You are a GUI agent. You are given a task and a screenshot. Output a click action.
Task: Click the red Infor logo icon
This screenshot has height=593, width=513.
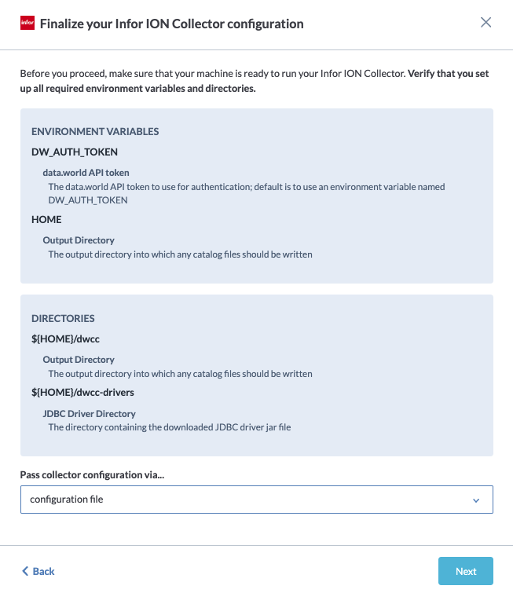click(27, 24)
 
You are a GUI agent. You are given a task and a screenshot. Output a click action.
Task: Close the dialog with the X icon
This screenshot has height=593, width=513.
click(486, 23)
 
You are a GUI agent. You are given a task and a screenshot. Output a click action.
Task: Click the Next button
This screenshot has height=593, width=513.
click(465, 571)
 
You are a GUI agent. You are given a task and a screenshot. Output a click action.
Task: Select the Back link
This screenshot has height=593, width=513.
click(43, 571)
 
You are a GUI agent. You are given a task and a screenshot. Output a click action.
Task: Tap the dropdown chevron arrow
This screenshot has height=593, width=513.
click(476, 500)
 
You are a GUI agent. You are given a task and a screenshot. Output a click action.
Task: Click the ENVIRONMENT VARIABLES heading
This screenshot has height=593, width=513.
click(95, 131)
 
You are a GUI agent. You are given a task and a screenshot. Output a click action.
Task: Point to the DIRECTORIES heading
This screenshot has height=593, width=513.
click(63, 318)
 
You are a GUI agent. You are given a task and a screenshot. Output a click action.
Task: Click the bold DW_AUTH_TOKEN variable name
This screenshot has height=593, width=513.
click(75, 152)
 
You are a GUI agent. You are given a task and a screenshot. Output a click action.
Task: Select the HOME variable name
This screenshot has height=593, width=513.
click(46, 219)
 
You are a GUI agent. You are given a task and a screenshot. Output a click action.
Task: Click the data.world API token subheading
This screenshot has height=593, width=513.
click(86, 172)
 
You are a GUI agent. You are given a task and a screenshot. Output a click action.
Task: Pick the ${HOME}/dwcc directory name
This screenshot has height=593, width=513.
click(65, 339)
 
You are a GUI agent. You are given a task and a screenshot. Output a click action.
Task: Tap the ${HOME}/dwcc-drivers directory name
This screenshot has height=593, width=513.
click(82, 393)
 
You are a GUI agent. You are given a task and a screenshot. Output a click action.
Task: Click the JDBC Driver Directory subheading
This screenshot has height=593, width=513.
click(89, 413)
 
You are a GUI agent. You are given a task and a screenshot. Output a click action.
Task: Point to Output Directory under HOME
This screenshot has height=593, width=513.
click(79, 240)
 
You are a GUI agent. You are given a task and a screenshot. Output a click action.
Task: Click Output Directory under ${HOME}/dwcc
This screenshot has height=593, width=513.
click(79, 359)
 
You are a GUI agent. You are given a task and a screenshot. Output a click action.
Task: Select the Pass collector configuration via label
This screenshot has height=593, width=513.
click(98, 474)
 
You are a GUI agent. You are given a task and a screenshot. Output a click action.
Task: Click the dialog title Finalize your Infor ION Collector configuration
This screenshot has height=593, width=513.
click(171, 24)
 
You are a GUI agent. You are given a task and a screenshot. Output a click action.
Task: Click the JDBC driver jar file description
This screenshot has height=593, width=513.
click(169, 427)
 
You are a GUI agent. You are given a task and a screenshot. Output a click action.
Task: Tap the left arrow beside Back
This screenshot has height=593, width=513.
click(25, 571)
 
